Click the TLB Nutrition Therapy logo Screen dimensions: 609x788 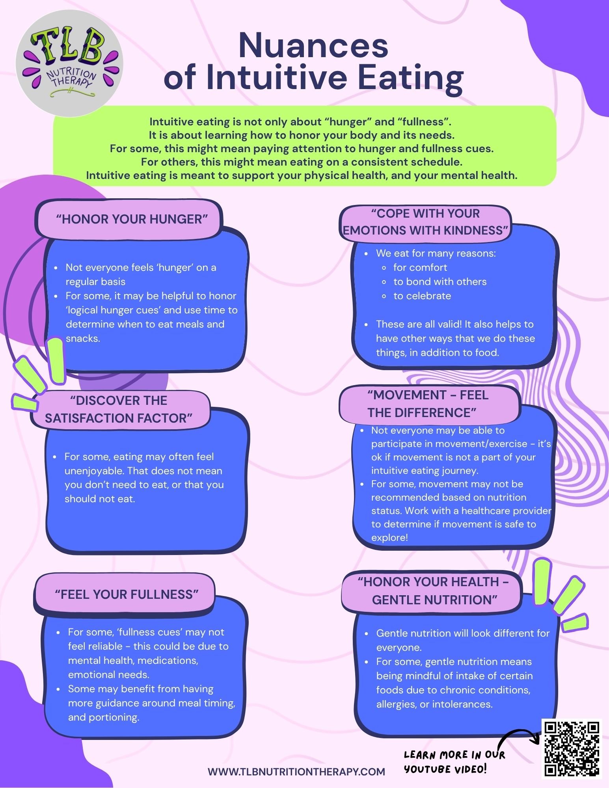tap(69, 63)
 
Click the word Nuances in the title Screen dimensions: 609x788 tap(313, 45)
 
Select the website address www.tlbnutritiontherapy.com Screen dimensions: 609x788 tap(296, 771)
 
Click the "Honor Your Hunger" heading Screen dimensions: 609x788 tap(132, 219)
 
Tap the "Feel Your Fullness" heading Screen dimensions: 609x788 tap(127, 594)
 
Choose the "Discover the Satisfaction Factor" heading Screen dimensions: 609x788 tap(119, 409)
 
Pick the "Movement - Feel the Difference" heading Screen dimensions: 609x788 tap(428, 404)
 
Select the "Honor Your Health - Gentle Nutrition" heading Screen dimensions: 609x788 tap(433, 591)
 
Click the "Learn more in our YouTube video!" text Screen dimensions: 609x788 tap(454, 762)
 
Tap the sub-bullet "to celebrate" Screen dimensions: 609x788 tap(422, 296)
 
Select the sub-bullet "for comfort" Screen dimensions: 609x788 tap(420, 267)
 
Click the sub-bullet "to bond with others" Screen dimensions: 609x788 tap(440, 281)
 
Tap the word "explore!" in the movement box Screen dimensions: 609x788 tap(389, 538)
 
